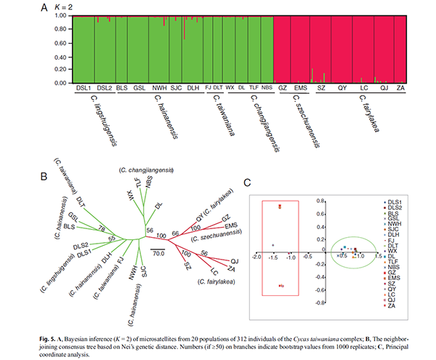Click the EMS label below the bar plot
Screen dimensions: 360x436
pyautogui.click(x=302, y=88)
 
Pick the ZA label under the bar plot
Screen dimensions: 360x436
pyautogui.click(x=401, y=88)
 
